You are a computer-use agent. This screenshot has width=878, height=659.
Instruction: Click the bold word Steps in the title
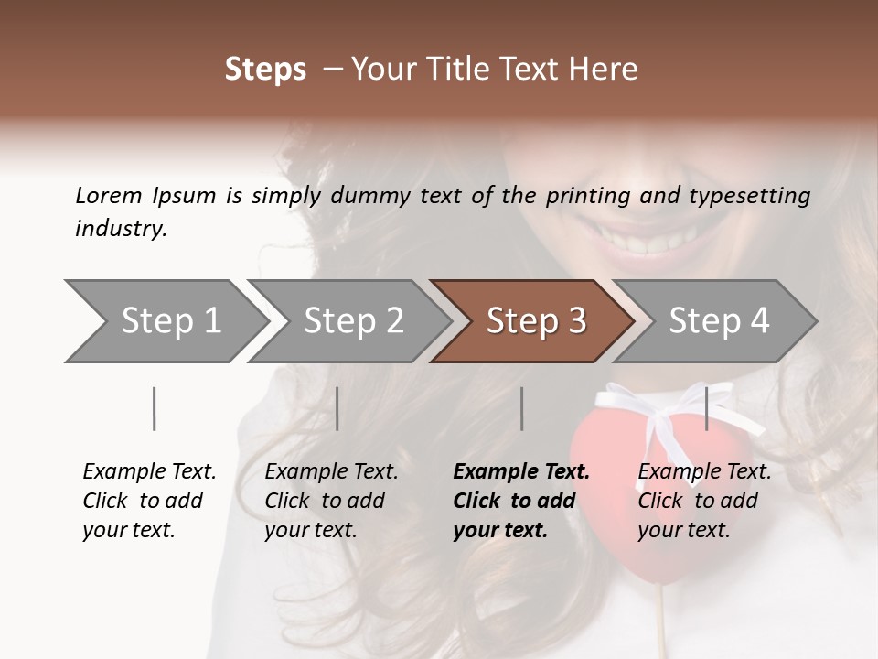(x=265, y=70)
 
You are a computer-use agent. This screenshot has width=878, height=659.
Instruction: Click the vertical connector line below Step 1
(x=154, y=408)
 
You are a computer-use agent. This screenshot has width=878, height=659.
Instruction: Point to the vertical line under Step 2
(x=337, y=408)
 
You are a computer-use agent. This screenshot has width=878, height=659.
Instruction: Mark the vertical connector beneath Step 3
(x=521, y=408)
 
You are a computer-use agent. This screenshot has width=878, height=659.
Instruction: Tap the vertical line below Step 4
(x=707, y=408)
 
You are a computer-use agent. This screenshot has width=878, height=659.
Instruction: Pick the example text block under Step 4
(x=704, y=501)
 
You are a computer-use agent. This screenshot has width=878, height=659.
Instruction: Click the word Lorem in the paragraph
(x=108, y=195)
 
